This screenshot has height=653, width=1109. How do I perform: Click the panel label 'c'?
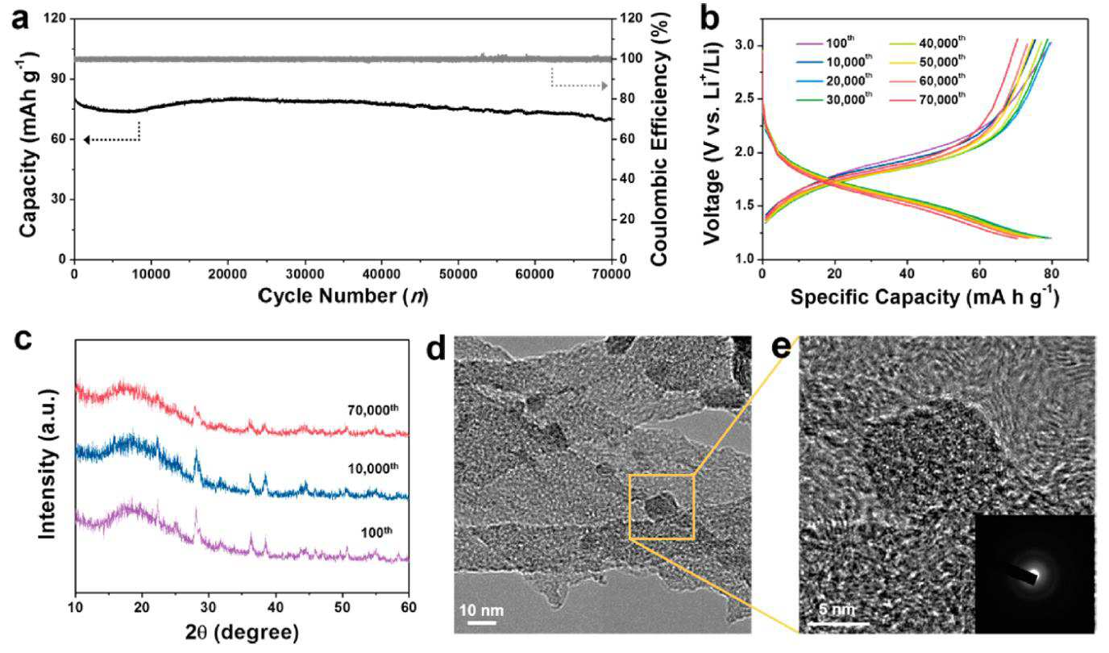coord(23,340)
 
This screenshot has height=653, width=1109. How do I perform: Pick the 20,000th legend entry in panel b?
coord(833,80)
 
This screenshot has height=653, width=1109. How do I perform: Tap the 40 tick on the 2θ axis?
coord(276,607)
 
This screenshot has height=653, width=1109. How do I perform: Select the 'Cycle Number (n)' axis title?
coord(343,296)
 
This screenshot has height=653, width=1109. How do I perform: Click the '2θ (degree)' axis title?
coord(242,632)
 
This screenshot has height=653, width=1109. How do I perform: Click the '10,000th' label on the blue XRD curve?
coord(373,468)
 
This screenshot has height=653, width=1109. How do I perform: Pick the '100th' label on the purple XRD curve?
coord(376,532)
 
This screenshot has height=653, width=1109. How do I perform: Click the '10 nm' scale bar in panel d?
coord(481,623)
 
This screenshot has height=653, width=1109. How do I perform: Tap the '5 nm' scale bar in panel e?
coord(839,623)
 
